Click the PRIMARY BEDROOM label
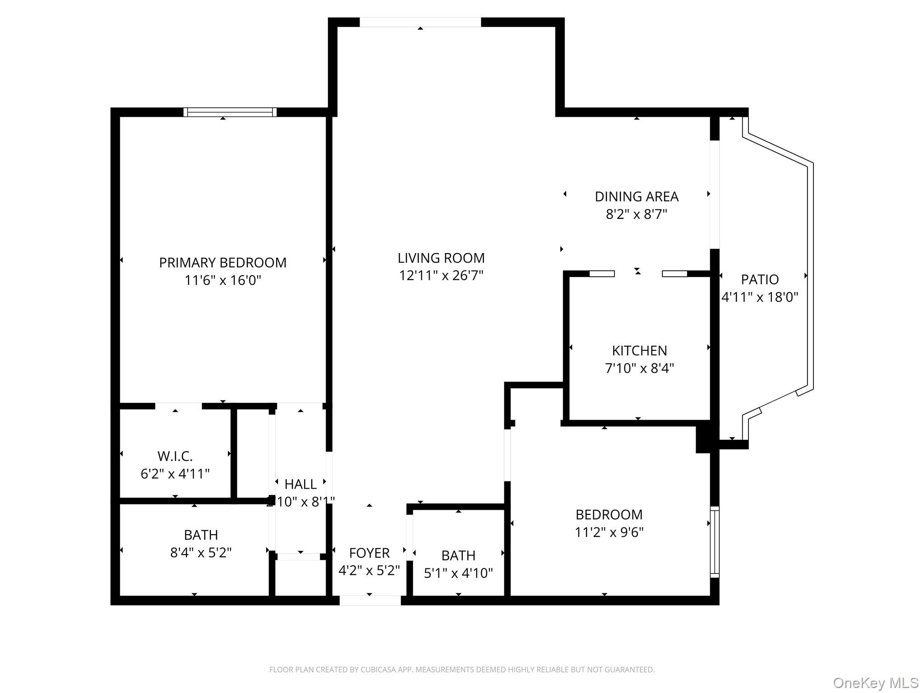pyautogui.click(x=222, y=263)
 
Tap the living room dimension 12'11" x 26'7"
pyautogui.click(x=441, y=276)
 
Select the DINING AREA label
pyautogui.click(x=636, y=197)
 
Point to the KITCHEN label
pyautogui.click(x=639, y=351)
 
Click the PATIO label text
pyautogui.click(x=759, y=280)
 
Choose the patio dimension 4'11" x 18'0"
pyautogui.click(x=759, y=297)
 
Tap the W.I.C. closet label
pyautogui.click(x=175, y=457)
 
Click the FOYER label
pyautogui.click(x=369, y=553)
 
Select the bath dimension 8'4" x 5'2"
pyautogui.click(x=201, y=553)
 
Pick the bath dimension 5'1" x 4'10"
pyautogui.click(x=458, y=573)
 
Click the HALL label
pyautogui.click(x=300, y=485)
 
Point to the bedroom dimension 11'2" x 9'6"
pyautogui.click(x=609, y=532)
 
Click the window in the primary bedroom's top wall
pyautogui.click(x=230, y=112)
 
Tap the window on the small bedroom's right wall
pyautogui.click(x=714, y=542)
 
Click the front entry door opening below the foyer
pyautogui.click(x=370, y=601)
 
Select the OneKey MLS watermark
pyautogui.click(x=875, y=683)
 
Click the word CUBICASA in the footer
pyautogui.click(x=378, y=670)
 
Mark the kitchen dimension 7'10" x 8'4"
pyautogui.click(x=639, y=369)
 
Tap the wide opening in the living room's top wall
pyautogui.click(x=420, y=22)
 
